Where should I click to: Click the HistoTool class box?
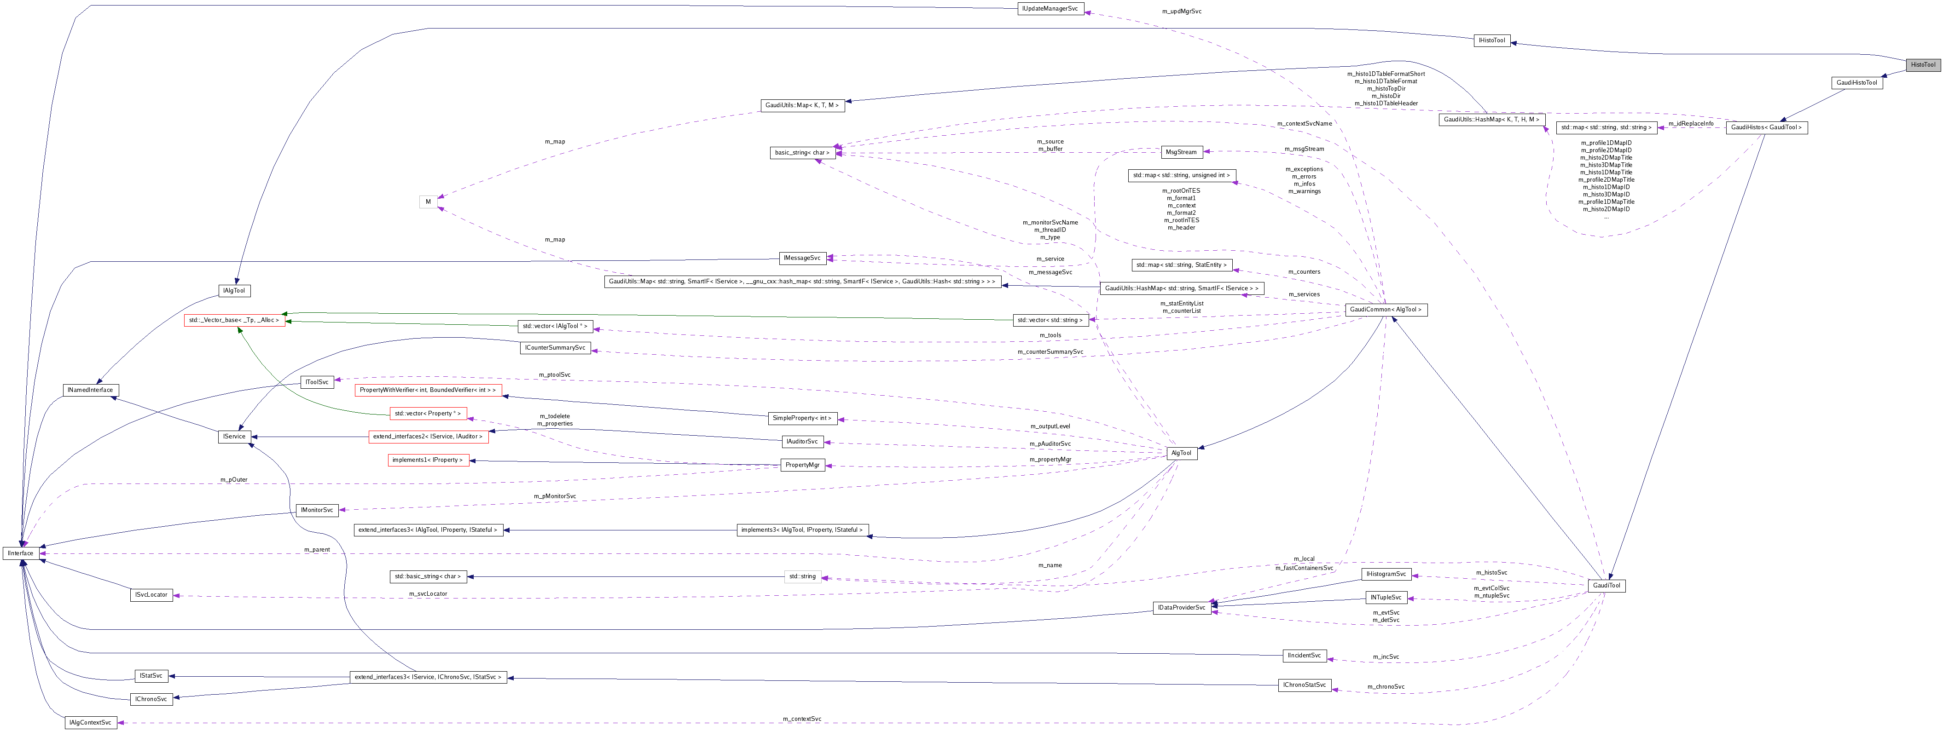tap(1923, 65)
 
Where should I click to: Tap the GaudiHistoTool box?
tap(1856, 83)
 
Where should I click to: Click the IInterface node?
tap(20, 553)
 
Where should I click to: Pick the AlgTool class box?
tap(1181, 453)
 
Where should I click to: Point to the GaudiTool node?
tap(1606, 586)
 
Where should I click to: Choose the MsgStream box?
tap(1181, 152)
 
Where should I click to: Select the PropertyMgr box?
tap(802, 465)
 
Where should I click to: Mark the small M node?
tap(428, 202)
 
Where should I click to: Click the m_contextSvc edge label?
tap(802, 719)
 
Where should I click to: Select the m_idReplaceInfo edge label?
tap(1690, 124)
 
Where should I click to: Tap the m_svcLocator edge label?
tap(428, 594)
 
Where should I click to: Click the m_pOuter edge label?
tap(234, 479)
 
